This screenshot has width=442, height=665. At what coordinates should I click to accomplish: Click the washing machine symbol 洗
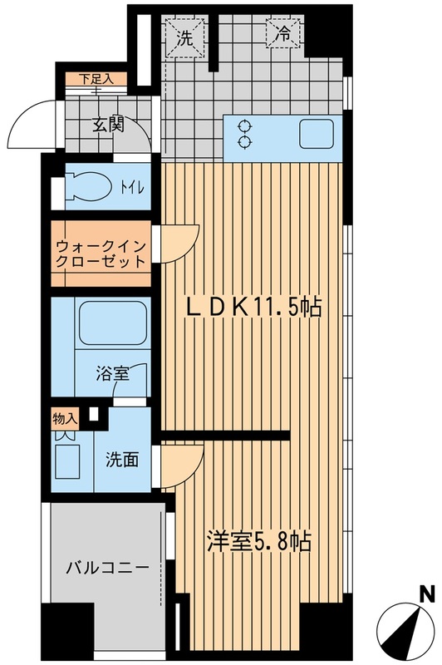click(186, 37)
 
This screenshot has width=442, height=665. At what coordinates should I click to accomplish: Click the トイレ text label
click(134, 188)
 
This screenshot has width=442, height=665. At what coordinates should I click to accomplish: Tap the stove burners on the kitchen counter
click(245, 134)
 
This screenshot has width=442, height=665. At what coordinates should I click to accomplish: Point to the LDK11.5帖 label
click(253, 308)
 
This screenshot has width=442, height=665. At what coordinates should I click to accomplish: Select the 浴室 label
click(112, 373)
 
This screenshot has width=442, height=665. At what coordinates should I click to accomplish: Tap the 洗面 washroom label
click(121, 460)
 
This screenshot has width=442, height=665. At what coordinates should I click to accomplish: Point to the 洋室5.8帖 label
click(258, 541)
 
